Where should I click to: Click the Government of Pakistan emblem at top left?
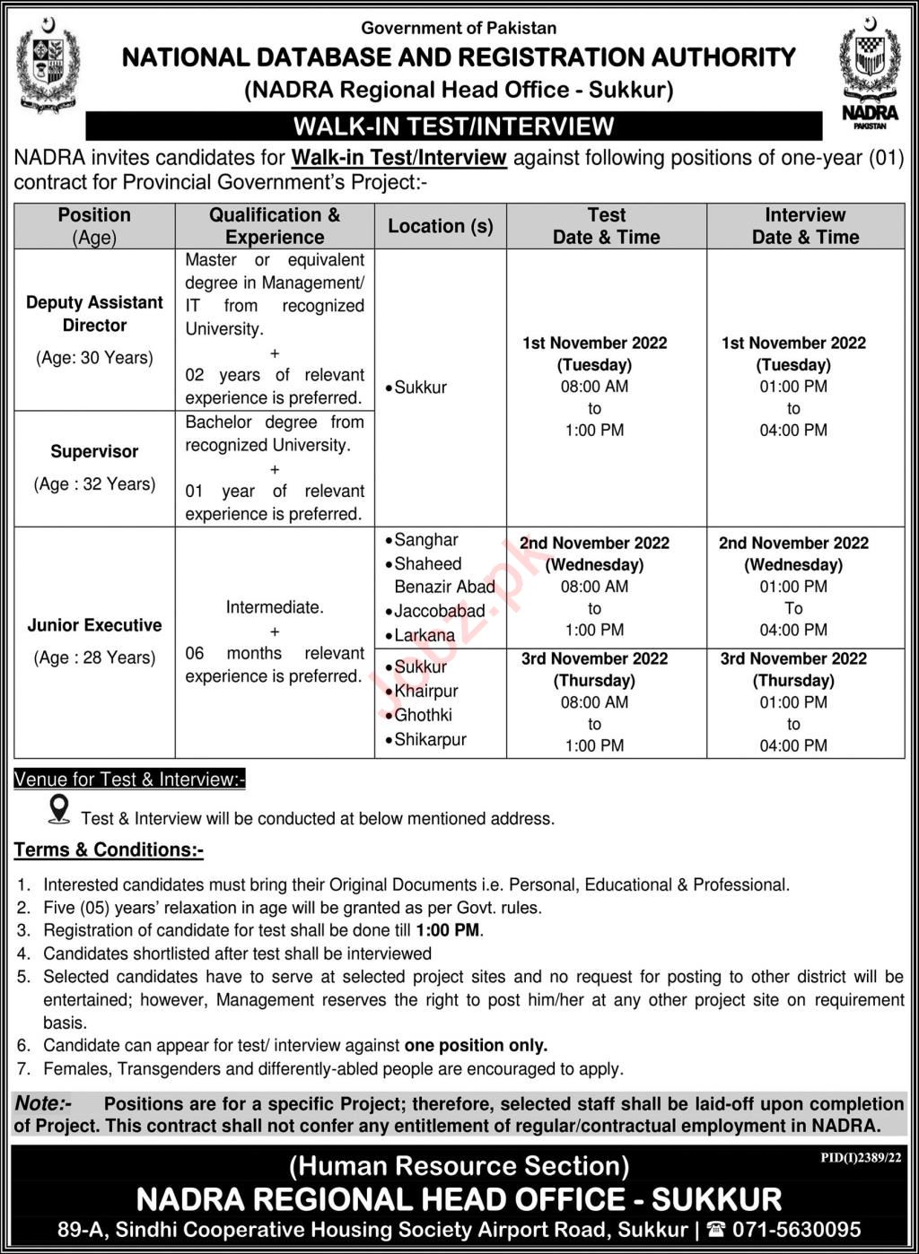tap(48, 67)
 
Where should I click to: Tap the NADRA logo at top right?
tap(870, 72)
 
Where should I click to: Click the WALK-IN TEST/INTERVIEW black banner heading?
tap(454, 126)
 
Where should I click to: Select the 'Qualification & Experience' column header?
tap(275, 226)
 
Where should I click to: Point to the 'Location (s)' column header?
tap(441, 226)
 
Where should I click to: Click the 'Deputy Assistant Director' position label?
tap(94, 314)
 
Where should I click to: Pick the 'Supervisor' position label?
tap(94, 452)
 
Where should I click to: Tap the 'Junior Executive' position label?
tap(94, 625)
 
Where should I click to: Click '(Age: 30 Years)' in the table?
tap(94, 358)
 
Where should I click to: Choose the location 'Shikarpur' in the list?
tap(430, 740)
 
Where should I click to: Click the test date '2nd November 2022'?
tap(594, 543)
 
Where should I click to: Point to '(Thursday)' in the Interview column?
tap(793, 681)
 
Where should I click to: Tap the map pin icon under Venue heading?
tap(59, 808)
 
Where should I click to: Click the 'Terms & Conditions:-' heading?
tap(109, 849)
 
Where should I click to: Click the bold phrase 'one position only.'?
tap(476, 1045)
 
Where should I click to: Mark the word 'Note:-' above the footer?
tap(43, 1103)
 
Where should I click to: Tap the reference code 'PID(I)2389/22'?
tap(861, 1158)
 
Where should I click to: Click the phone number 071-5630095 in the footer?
tap(794, 1230)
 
